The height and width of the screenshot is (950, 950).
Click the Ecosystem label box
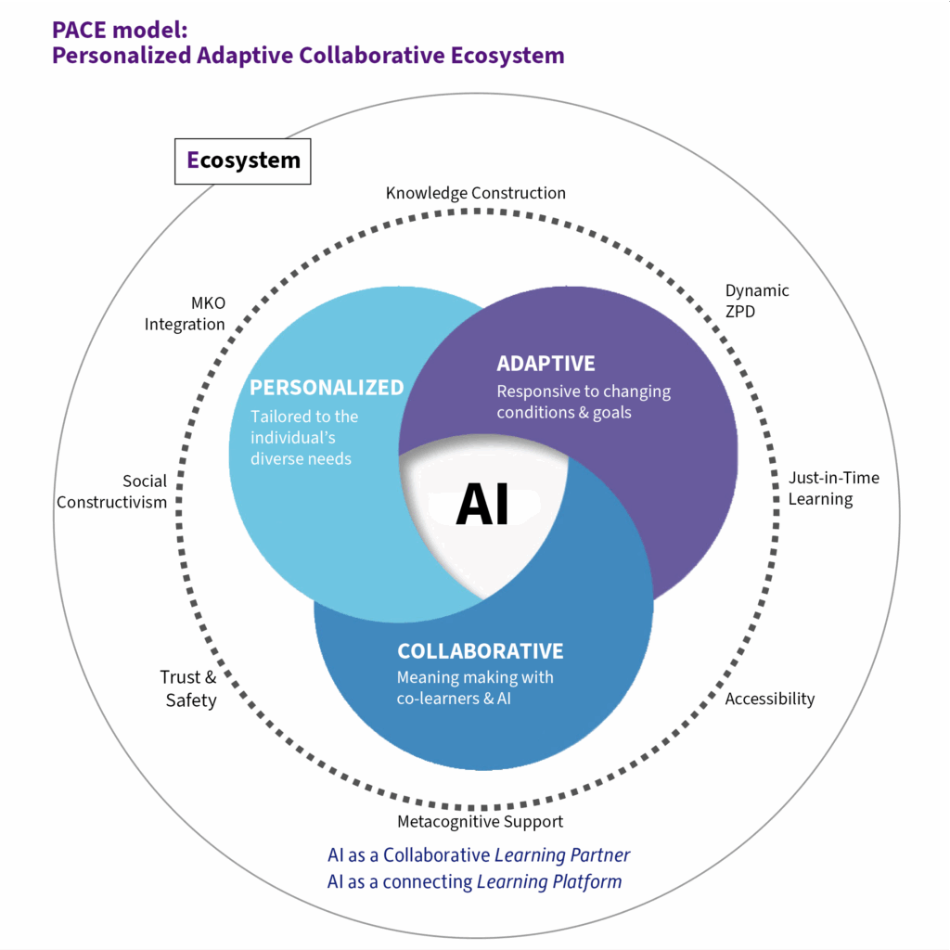242,161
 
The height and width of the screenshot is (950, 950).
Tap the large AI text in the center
482,505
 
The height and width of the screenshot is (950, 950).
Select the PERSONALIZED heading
327,388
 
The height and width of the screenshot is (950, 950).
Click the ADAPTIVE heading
546,364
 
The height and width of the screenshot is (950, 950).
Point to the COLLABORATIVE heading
481,651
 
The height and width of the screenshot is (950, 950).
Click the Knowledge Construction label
476,193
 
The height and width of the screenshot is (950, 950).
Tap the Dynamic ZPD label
757,301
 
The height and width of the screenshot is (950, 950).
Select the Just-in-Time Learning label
834,488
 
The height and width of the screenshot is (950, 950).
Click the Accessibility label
769,700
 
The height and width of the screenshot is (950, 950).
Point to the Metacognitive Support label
480,822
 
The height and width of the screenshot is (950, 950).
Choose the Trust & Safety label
188,688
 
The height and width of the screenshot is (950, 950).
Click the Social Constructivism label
111,492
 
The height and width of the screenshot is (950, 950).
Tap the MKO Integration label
185,314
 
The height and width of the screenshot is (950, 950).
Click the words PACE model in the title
120,30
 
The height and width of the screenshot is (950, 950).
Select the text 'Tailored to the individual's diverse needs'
304,438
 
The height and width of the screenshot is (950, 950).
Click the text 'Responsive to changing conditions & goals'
584,402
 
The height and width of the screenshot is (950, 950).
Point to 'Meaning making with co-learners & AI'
475,687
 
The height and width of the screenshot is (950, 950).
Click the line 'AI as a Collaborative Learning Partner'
479,854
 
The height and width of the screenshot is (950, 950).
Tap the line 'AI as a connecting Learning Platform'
474,881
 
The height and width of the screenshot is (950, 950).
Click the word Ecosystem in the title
507,56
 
